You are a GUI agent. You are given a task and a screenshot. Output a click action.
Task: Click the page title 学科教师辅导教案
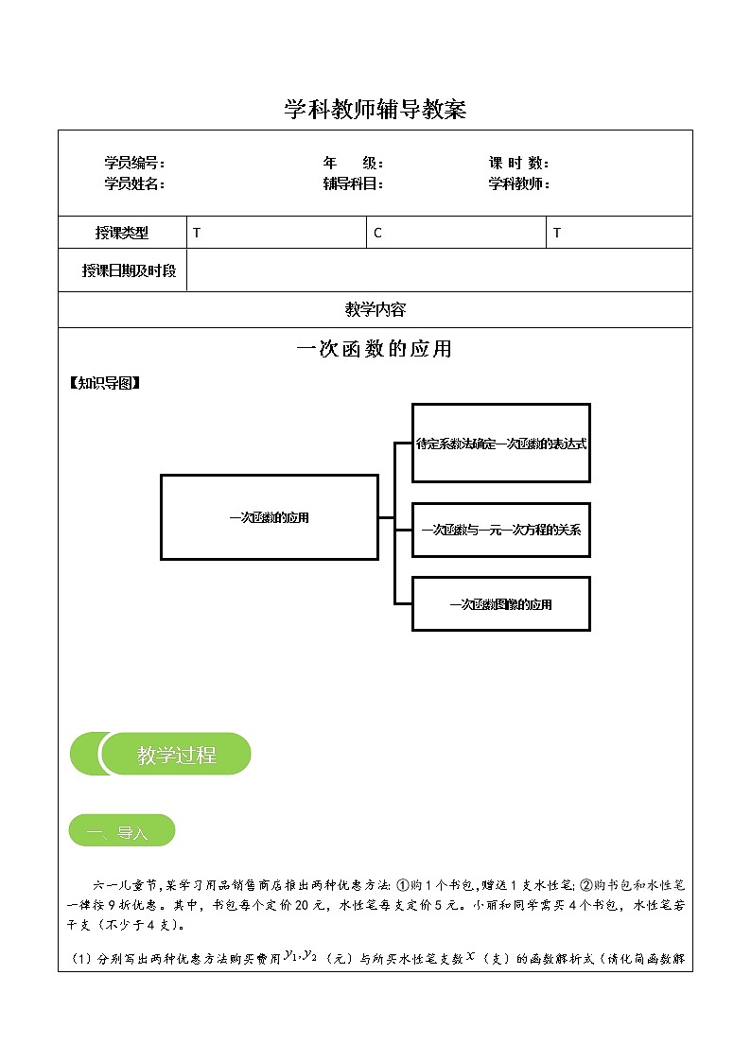(375, 110)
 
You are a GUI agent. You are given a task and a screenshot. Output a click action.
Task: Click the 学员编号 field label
(134, 164)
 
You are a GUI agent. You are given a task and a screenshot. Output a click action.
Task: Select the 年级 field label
(353, 164)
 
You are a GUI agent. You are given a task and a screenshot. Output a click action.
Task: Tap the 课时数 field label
(519, 164)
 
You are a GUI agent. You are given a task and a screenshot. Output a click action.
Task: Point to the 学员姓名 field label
(134, 184)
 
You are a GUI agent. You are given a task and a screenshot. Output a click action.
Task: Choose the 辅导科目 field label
(353, 184)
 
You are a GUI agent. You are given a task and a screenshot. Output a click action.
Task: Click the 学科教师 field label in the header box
(519, 184)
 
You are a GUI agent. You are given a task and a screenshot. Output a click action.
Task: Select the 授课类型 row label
(122, 233)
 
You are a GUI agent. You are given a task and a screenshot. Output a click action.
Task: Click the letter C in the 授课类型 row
(377, 233)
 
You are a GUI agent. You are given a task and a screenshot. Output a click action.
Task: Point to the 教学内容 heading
(375, 309)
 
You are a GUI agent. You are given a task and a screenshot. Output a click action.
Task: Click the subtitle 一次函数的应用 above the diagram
(375, 349)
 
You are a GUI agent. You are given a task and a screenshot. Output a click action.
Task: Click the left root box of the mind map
(270, 517)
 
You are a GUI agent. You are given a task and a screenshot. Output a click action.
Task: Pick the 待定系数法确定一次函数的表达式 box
(500, 443)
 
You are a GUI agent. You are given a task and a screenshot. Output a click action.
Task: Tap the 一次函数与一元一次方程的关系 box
(500, 530)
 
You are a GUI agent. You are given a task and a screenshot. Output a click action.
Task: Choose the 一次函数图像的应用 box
(500, 603)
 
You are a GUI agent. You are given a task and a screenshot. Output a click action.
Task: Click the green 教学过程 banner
(161, 755)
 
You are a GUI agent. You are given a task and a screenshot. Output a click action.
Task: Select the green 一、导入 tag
(121, 831)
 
